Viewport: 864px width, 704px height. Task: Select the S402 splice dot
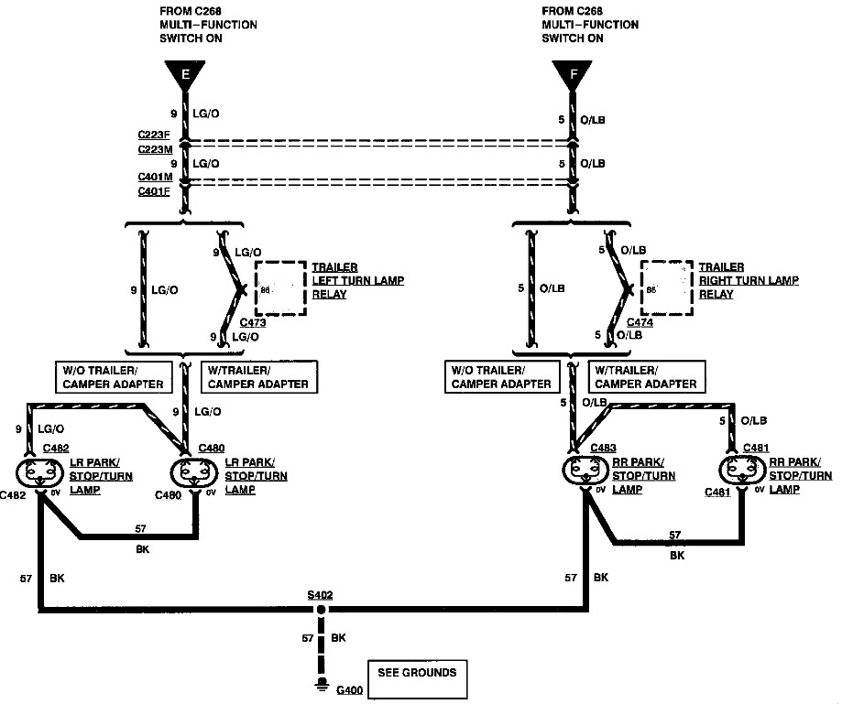(x=321, y=609)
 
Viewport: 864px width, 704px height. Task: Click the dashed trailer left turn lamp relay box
(x=280, y=289)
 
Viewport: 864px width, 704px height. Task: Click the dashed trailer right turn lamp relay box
(x=667, y=289)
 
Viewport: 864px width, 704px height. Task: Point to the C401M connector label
(x=153, y=179)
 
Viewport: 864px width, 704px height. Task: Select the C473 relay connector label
(x=253, y=323)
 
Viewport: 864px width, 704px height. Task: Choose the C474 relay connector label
(x=640, y=323)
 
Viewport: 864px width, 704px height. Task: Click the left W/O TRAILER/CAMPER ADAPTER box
(x=114, y=376)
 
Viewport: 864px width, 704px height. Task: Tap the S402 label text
(x=321, y=595)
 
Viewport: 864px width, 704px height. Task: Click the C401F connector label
(x=153, y=192)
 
